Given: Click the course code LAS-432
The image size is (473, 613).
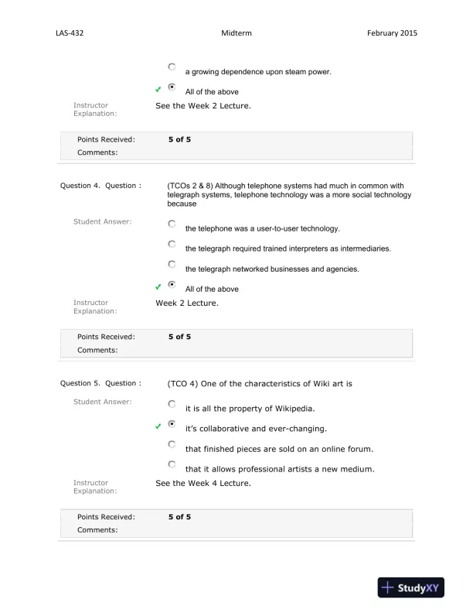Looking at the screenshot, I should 70,33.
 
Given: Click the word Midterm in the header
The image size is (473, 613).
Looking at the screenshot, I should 236,33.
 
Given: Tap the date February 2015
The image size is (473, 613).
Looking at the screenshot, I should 393,33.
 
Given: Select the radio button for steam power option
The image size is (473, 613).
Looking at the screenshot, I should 171,68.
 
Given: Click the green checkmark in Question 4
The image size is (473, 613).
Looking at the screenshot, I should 158,287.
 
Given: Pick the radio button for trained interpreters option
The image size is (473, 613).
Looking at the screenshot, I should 171,245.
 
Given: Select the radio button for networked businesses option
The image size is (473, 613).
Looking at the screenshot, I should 171,265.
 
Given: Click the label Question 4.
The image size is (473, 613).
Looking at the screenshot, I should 80,186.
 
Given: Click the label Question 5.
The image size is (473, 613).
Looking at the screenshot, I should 80,383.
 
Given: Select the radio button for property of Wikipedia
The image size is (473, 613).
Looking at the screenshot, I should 171,404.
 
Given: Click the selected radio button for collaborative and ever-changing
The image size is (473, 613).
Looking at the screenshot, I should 171,425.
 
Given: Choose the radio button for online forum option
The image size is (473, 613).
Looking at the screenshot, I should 171,445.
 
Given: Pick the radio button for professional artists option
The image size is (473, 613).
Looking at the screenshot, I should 171,465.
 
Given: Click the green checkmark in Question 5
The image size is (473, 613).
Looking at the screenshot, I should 158,426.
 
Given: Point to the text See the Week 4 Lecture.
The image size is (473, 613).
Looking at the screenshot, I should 203,483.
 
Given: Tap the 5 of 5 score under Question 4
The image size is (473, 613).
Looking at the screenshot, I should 179,337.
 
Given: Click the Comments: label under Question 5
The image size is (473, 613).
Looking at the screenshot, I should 97,530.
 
